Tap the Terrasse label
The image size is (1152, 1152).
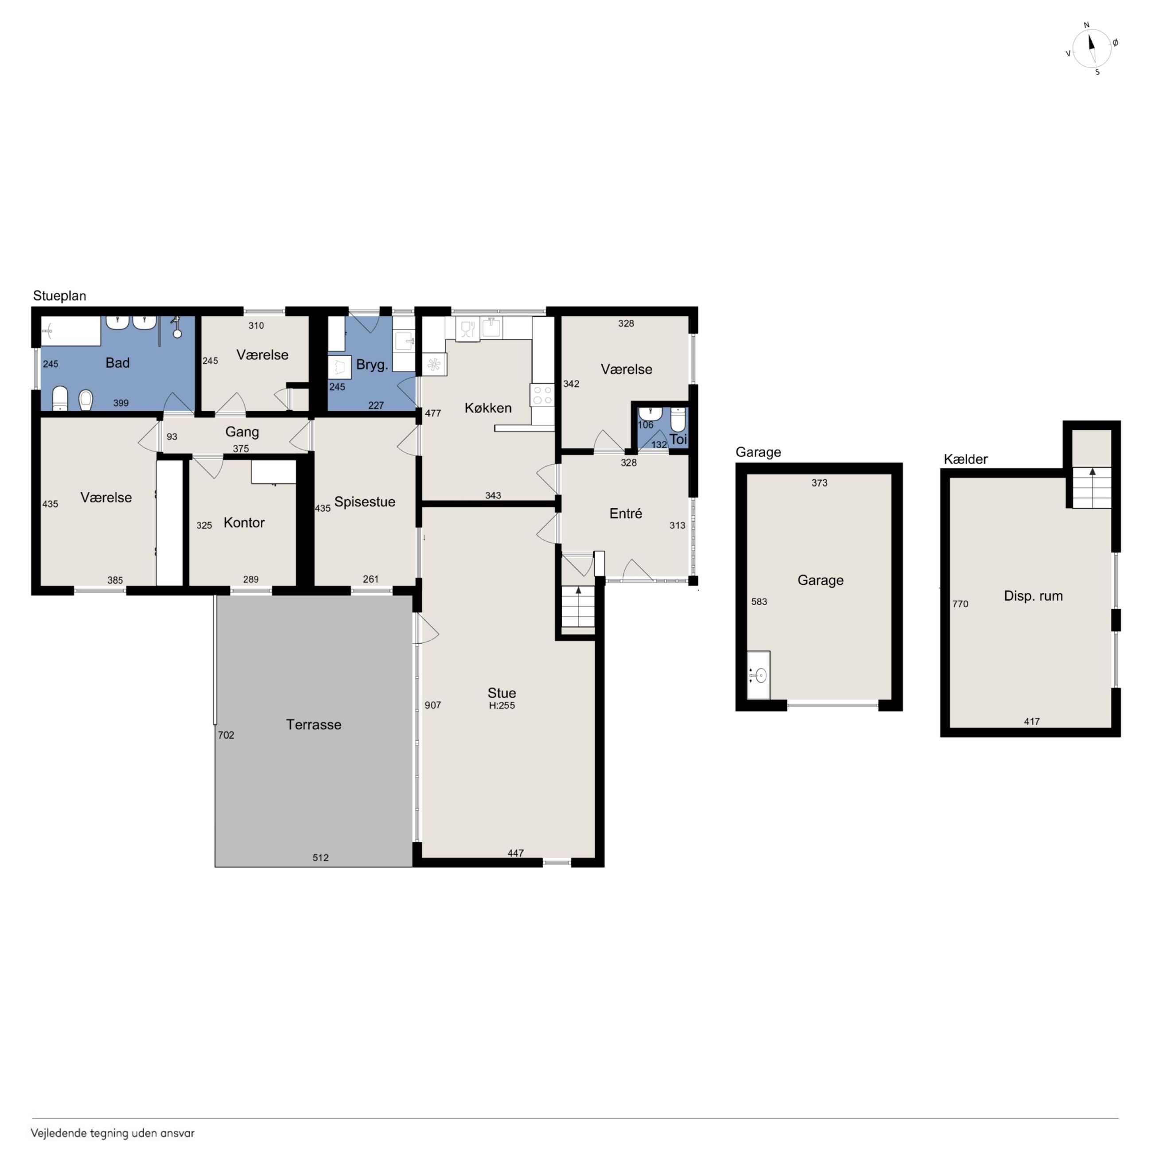tap(314, 724)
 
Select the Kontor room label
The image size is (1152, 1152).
tap(244, 522)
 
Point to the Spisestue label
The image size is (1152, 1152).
tap(364, 502)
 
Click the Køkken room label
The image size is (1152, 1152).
tap(488, 408)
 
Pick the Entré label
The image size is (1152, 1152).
tap(626, 514)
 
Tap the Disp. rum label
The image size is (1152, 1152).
tap(1033, 595)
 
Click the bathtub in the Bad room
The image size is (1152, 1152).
tap(70, 331)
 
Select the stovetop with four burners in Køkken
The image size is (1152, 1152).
tap(542, 395)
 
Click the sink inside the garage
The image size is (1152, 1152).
tap(759, 675)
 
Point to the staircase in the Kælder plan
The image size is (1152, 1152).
tap(1092, 487)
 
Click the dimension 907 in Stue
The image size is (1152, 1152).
tap(433, 705)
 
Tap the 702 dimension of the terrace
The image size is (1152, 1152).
tap(226, 735)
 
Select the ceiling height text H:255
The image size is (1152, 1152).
tap(502, 705)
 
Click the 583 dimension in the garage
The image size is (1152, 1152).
tap(759, 602)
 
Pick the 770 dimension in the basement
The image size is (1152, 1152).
tap(960, 604)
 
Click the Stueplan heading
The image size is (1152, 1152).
tap(60, 296)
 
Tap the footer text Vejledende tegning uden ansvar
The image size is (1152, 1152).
tap(113, 1133)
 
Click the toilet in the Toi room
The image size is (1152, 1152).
tap(678, 419)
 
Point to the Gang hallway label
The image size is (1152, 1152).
tap(242, 432)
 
